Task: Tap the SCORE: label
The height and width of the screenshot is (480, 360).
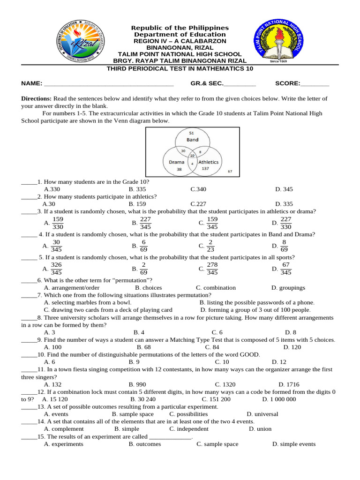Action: pyautogui.click(x=287, y=83)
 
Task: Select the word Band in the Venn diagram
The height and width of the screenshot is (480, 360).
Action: pyautogui.click(x=192, y=140)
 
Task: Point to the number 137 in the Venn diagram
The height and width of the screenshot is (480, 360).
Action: pyautogui.click(x=205, y=168)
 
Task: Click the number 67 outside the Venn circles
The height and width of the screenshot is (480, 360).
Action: pyautogui.click(x=230, y=172)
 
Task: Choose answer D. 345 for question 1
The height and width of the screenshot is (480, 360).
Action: pyautogui.click(x=284, y=189)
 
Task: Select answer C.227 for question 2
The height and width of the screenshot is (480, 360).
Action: pyautogui.click(x=198, y=204)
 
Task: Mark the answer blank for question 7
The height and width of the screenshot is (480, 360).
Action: pyautogui.click(x=29, y=295)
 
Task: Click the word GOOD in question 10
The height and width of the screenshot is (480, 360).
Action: pyautogui.click(x=249, y=355)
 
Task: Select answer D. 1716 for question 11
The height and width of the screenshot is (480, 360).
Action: pyautogui.click(x=288, y=384)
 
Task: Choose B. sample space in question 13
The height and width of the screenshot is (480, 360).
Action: pyautogui.click(x=133, y=414)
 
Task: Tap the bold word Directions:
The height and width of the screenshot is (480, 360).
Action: pyautogui.click(x=37, y=99)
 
